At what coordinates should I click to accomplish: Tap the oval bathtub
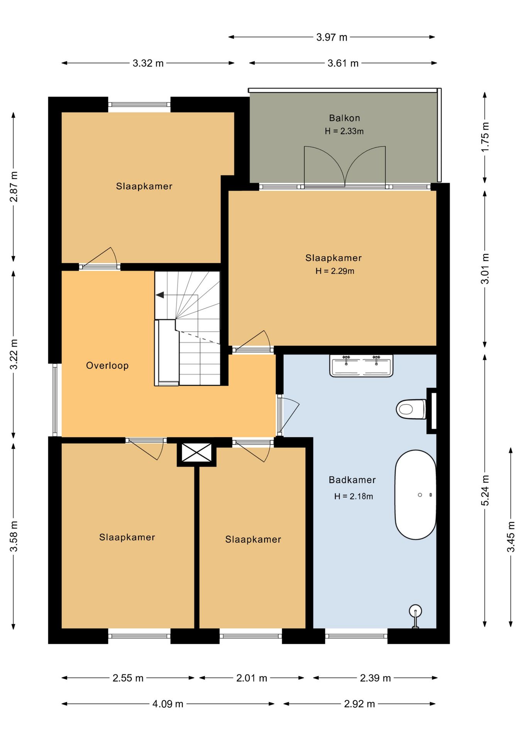click(415, 494)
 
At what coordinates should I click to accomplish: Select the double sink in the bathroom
click(361, 365)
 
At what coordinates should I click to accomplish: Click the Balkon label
click(345, 118)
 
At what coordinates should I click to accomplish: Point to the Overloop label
click(107, 365)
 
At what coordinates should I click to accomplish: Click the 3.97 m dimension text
click(332, 37)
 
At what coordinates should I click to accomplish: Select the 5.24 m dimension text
click(485, 490)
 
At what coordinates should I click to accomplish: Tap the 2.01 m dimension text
click(252, 678)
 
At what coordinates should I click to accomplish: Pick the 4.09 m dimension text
click(167, 704)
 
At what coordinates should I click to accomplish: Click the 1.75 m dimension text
click(485, 137)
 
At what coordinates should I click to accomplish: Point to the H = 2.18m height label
click(353, 496)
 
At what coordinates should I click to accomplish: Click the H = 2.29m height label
click(335, 271)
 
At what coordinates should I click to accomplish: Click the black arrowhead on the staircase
click(160, 295)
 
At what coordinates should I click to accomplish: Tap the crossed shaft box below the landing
click(197, 452)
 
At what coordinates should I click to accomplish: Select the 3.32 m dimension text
click(148, 63)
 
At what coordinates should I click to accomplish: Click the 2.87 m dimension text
click(14, 186)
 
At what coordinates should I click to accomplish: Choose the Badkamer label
click(352, 480)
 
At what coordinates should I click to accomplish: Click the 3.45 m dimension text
click(511, 536)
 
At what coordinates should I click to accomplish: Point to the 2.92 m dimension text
click(359, 704)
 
